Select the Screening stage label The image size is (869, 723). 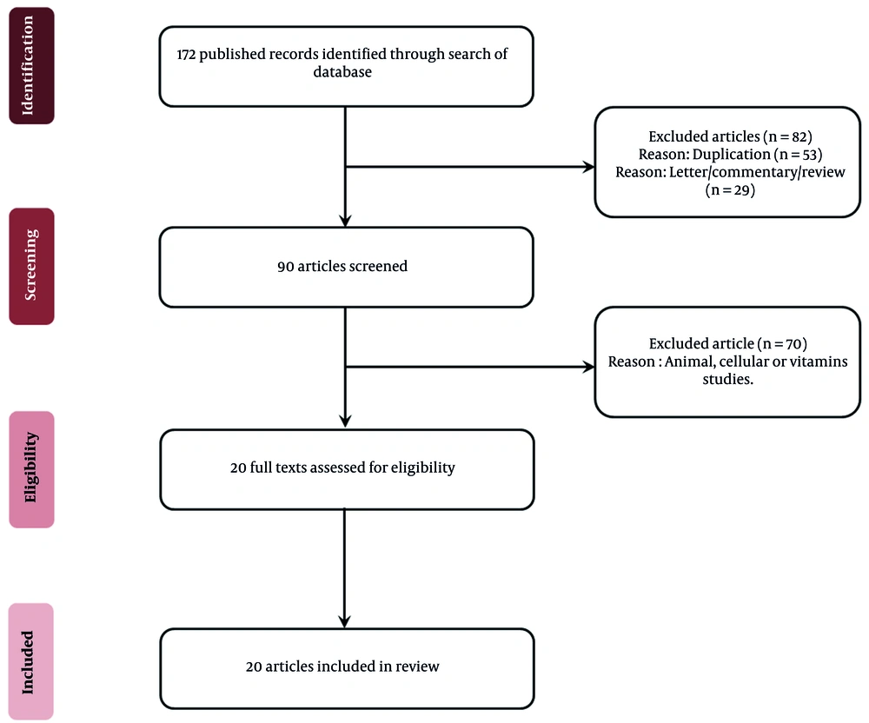31,266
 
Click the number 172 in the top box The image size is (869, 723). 186,54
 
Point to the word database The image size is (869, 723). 342,72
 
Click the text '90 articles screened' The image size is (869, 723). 342,267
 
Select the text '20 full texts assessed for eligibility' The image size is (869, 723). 342,468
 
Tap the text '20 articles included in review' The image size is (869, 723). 342,667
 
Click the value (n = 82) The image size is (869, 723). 787,136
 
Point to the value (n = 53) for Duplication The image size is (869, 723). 798,155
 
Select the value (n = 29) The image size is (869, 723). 730,190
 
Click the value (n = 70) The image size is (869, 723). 783,344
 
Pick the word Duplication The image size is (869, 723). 732,155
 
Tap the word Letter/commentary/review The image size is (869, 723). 757,172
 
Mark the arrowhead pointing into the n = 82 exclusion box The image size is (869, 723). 588,167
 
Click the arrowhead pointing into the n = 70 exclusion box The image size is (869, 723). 588,367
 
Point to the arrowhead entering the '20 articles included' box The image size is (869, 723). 345,621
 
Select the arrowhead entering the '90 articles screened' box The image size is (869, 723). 345,221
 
